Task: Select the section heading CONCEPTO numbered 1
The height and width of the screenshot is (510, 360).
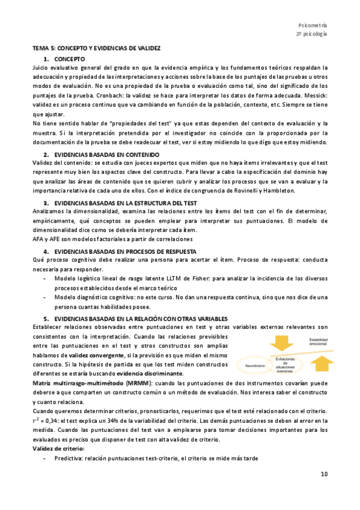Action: [70, 58]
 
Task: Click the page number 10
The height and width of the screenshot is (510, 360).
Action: [324, 475]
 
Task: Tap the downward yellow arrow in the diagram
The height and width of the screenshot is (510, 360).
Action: [263, 342]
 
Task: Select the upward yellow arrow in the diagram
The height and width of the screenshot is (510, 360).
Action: [323, 361]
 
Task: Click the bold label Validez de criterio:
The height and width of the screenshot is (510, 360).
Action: [58, 449]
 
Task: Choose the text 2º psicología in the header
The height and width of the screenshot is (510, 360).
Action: [312, 34]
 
